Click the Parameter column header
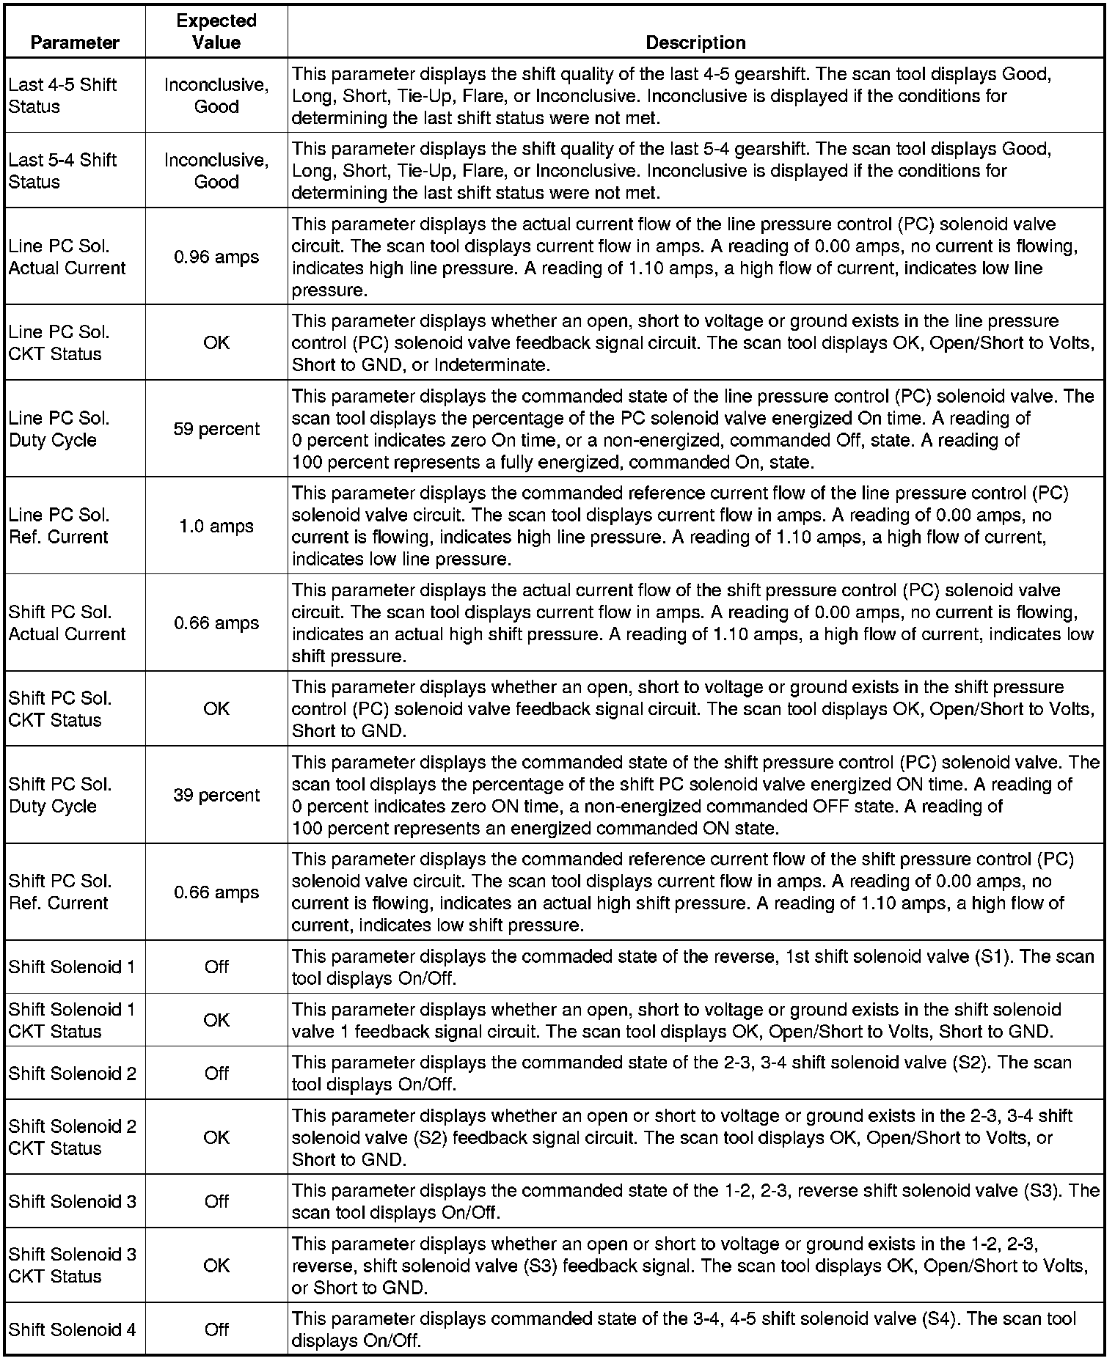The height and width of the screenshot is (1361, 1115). pos(75,43)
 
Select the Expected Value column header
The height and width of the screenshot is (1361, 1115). pos(216,32)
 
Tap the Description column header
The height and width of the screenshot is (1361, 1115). pos(695,43)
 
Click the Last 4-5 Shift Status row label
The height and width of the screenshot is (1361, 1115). pos(62,95)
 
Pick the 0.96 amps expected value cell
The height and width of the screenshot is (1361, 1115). pos(216,257)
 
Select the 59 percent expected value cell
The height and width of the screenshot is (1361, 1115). pos(216,429)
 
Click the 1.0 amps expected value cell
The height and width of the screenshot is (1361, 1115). pos(216,526)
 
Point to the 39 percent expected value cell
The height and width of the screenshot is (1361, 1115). pos(216,795)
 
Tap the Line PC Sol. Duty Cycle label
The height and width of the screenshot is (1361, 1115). pos(59,429)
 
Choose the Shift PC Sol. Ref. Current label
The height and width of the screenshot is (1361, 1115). pos(60,892)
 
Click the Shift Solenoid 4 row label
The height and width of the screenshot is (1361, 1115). pos(72,1329)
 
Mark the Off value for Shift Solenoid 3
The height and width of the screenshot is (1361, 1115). pos(216,1201)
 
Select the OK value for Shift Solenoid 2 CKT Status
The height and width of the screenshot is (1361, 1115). pos(216,1137)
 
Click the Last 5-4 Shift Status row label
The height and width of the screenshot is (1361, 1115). pos(62,171)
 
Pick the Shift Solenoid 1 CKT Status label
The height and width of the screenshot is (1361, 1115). pos(72,1020)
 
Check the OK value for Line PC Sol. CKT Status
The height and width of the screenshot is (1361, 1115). pos(216,342)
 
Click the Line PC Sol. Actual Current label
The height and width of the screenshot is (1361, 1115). pos(67,257)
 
